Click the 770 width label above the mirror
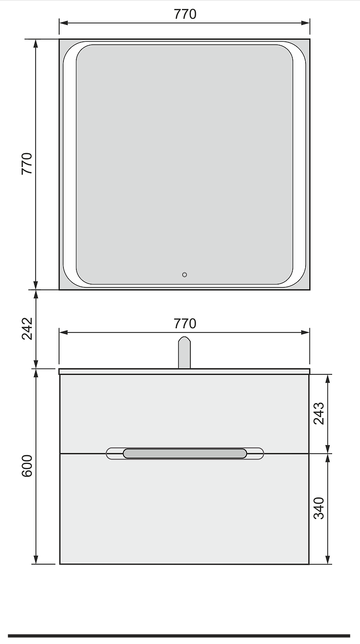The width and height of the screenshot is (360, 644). pos(185,14)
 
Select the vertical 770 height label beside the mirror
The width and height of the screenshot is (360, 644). pos(27,163)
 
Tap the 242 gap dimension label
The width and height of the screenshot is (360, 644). pos(27,329)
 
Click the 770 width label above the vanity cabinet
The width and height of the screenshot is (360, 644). pos(185,324)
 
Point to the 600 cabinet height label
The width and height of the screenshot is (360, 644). pos(27,466)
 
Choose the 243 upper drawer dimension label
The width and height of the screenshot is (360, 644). pos(319,413)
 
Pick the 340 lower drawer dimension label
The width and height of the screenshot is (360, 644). pos(319,508)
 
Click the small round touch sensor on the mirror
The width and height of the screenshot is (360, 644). pos(185,274)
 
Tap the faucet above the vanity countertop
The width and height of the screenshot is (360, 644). pos(184,352)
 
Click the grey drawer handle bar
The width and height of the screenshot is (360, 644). pos(185,453)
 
